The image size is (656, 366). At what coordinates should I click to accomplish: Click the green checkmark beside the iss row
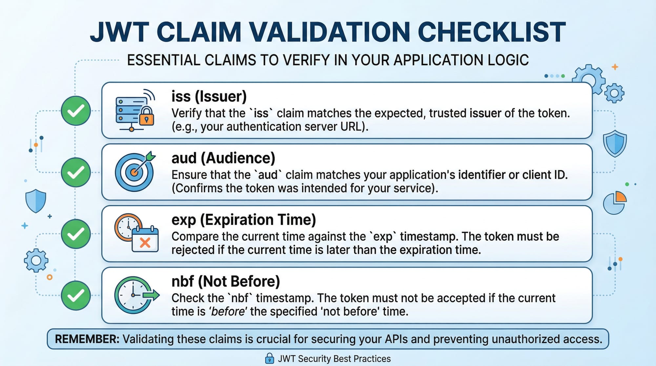[76, 111]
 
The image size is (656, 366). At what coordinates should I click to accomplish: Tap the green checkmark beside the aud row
[76, 172]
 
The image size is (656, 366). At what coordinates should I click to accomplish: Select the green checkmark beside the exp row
[76, 234]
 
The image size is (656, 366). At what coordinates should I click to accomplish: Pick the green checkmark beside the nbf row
[76, 295]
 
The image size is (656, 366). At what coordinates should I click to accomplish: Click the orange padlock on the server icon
[147, 116]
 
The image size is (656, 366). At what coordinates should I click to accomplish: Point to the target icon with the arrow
[135, 171]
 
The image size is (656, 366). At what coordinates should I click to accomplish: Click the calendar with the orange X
[145, 240]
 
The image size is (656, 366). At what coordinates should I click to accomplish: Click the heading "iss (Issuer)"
[209, 96]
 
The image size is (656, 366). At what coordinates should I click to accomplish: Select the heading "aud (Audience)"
[223, 158]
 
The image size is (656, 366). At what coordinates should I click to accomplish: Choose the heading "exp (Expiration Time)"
[244, 220]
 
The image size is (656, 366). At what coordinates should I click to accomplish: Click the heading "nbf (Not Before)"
[226, 281]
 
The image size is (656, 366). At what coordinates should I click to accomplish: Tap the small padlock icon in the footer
[269, 358]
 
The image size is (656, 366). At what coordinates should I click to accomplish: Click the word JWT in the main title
[119, 32]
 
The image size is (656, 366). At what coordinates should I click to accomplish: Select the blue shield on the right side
[615, 143]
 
